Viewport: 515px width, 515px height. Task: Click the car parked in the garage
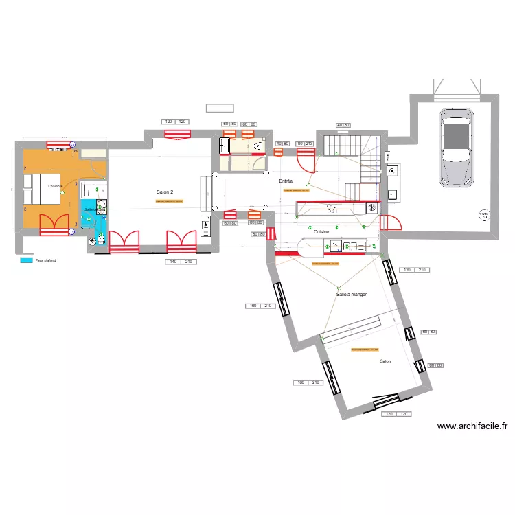[457, 146]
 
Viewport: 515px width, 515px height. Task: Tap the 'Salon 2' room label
[165, 192]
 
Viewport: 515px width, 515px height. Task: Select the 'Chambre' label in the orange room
[55, 186]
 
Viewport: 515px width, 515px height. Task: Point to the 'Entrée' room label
[286, 181]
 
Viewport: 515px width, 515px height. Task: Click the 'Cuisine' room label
[321, 232]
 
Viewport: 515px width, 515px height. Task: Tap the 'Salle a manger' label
[351, 294]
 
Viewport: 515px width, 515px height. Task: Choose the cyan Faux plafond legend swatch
[27, 260]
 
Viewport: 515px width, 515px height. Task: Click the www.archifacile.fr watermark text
[472, 426]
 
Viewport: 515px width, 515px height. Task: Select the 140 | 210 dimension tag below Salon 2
[179, 262]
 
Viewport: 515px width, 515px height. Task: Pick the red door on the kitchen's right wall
[390, 225]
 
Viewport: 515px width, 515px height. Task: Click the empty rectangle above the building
[220, 108]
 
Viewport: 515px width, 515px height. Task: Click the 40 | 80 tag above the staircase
[343, 124]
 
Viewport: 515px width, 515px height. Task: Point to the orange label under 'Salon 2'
[170, 201]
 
